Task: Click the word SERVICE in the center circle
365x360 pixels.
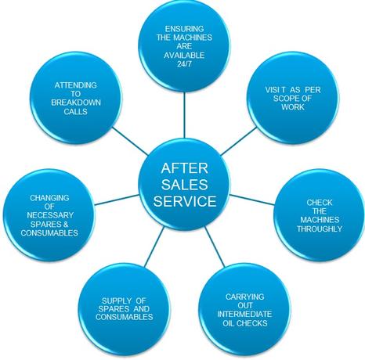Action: [185, 201]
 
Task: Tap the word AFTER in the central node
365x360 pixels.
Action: [185, 168]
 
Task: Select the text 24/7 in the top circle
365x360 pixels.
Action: [184, 64]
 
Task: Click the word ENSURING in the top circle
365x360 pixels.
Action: [184, 29]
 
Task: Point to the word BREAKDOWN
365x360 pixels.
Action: [76, 103]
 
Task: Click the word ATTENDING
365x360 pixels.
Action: [76, 85]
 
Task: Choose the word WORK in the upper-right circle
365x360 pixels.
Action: [293, 107]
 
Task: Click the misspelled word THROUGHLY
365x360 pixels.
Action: [320, 229]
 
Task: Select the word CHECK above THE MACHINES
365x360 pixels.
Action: [320, 203]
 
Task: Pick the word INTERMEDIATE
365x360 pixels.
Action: [244, 314]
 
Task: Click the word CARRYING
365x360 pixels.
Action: [245, 297]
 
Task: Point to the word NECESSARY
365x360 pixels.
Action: [50, 215]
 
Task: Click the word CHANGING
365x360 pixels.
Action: [49, 198]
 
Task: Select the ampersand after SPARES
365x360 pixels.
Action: [66, 224]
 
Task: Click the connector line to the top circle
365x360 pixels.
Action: [184, 115]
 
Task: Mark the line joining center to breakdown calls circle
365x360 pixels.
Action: [130, 141]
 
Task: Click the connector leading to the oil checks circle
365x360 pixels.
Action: [215, 247]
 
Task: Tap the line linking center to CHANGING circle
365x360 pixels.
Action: [117, 200]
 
